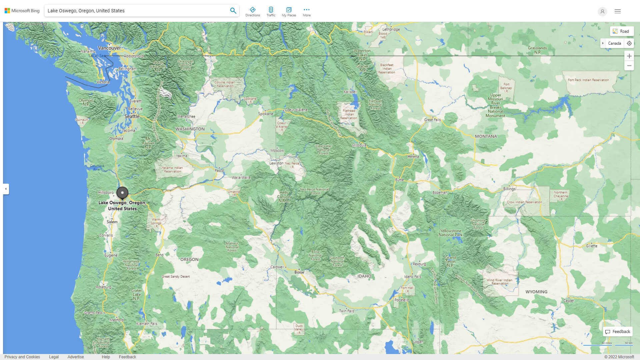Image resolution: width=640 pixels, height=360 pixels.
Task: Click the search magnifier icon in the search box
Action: [233, 11]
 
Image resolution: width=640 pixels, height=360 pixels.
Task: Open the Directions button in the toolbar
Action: [253, 12]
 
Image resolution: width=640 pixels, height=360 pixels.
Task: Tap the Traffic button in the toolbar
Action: [271, 12]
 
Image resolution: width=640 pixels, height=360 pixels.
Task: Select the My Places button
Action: [289, 12]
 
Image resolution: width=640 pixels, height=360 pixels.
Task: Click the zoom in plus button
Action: [629, 56]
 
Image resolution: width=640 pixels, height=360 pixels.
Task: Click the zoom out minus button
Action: [629, 66]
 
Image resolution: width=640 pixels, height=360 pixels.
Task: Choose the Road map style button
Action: [621, 31]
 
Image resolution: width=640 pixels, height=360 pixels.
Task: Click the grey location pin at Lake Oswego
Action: [122, 193]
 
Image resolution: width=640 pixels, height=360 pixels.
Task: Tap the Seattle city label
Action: [132, 116]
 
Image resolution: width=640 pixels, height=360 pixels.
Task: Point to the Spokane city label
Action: [266, 114]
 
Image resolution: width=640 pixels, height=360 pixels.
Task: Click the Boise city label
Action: [299, 272]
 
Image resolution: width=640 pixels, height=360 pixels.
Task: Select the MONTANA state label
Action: [486, 136]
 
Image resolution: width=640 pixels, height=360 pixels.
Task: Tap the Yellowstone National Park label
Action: [451, 233]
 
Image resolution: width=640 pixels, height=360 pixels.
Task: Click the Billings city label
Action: [509, 189]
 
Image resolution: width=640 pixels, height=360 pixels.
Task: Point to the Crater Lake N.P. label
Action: [136, 295]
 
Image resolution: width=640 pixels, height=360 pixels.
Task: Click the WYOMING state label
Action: [536, 292]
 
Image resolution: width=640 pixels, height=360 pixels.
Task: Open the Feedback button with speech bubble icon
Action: [618, 332]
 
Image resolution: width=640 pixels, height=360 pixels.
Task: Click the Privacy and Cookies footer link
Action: [22, 357]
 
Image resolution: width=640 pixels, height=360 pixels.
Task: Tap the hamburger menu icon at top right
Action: [618, 11]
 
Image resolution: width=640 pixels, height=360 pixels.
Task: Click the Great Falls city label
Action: [432, 120]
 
